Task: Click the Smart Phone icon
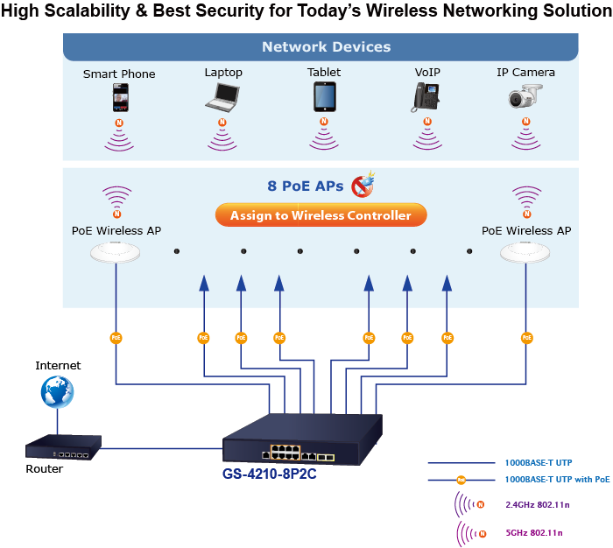pyautogui.click(x=120, y=96)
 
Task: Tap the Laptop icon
pyautogui.click(x=222, y=96)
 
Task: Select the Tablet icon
pyautogui.click(x=324, y=96)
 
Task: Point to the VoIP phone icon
pyautogui.click(x=426, y=96)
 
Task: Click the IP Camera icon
pyautogui.click(x=526, y=97)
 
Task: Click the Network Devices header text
pyautogui.click(x=326, y=47)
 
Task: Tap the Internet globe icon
pyautogui.click(x=58, y=391)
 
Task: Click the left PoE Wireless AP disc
pyautogui.click(x=116, y=253)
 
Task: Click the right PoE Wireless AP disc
pyautogui.click(x=526, y=253)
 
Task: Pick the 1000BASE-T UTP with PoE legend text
pyautogui.click(x=557, y=480)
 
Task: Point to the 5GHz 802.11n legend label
pyautogui.click(x=533, y=533)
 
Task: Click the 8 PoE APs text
pyautogui.click(x=305, y=186)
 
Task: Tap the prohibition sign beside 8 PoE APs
pyautogui.click(x=362, y=186)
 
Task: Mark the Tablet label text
pyautogui.click(x=324, y=73)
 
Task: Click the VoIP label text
pyautogui.click(x=426, y=73)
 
